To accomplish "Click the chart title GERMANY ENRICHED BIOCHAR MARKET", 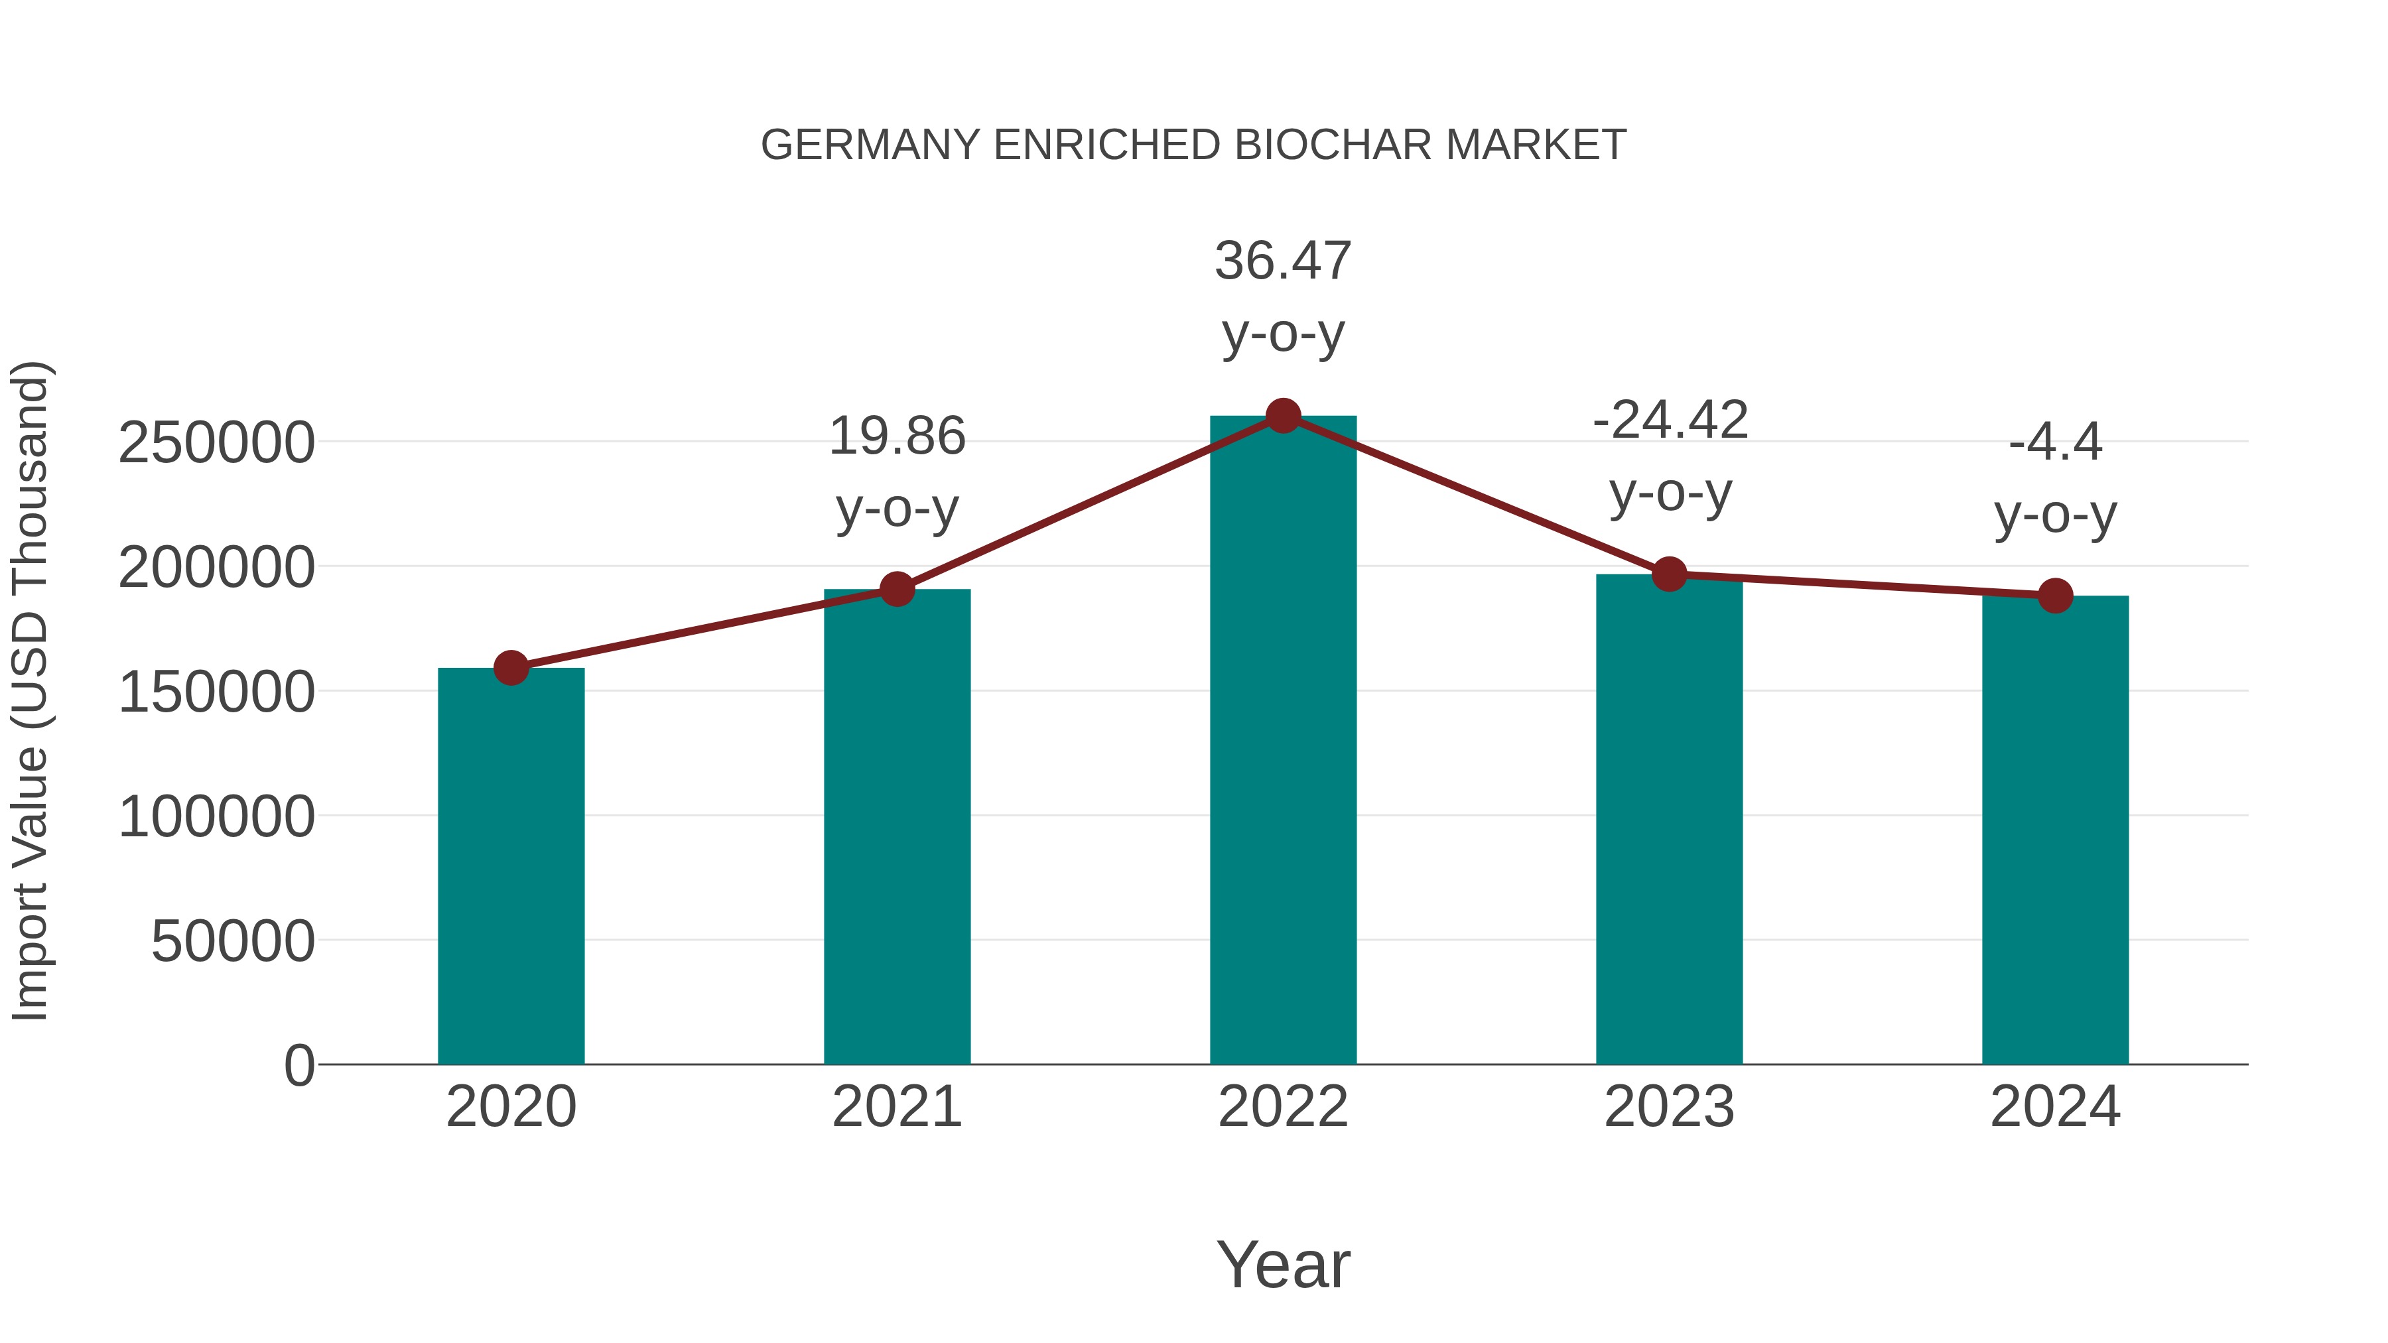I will [1193, 145].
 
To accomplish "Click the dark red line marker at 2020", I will [511, 667].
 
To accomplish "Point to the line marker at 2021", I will [896, 588].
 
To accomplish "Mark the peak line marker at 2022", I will [1283, 416].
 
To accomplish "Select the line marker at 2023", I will [1670, 574].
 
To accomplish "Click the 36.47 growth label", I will [1283, 261].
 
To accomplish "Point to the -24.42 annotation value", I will [1670, 420].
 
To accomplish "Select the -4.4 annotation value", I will [2055, 442].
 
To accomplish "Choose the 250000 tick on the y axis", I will [216, 442].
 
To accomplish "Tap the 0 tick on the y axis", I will [298, 1065].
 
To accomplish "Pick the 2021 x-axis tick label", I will [896, 1107].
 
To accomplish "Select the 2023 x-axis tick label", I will [1669, 1107].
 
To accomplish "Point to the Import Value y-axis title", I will [30, 690].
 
